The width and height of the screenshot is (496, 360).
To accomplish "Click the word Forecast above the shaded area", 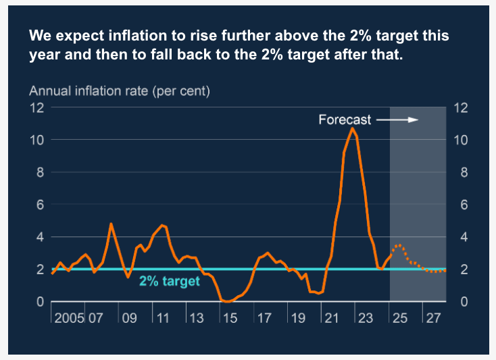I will click(345, 120).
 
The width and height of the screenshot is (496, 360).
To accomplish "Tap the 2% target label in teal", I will click(170, 281).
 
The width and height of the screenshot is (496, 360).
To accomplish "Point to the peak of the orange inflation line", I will click(352, 128).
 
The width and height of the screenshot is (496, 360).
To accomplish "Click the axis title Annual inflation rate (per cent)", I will click(119, 91).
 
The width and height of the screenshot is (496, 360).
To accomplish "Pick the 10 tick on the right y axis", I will click(460, 140).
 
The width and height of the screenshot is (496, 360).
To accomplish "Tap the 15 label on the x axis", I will click(230, 317).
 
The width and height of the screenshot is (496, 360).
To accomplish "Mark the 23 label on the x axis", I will click(364, 317).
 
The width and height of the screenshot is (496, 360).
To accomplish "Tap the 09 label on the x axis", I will click(128, 317).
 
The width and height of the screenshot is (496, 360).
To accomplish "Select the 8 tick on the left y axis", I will click(39, 172).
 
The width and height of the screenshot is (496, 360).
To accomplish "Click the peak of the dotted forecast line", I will click(399, 245).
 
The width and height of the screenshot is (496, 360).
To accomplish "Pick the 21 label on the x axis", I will click(330, 317).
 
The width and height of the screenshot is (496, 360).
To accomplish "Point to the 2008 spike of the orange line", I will click(111, 224).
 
